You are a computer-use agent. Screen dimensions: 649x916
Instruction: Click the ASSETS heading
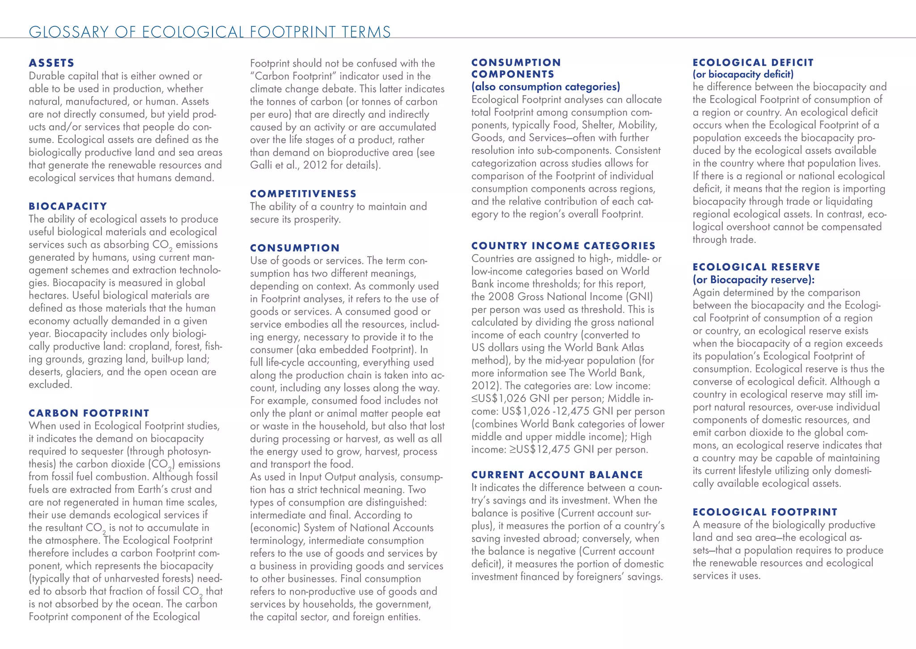(51, 63)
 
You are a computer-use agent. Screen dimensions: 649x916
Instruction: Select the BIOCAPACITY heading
(68, 206)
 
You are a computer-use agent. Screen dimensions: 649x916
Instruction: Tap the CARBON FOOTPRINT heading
(89, 413)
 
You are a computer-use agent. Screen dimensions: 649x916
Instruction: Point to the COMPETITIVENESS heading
(303, 194)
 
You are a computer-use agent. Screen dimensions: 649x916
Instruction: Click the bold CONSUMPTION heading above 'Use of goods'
(295, 248)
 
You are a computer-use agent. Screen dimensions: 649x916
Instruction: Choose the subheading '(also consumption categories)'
(546, 87)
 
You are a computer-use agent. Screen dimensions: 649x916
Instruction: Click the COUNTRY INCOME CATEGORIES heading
(564, 246)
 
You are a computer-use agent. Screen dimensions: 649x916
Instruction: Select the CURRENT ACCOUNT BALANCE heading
(557, 475)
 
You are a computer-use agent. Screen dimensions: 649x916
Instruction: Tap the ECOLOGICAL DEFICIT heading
(753, 63)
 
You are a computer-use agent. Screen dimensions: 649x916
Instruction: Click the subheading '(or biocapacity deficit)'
(743, 74)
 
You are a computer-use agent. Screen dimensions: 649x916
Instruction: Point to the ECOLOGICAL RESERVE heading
(756, 267)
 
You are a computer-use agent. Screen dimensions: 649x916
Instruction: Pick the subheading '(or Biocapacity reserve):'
(754, 280)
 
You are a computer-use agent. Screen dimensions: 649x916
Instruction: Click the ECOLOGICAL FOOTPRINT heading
(765, 512)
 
